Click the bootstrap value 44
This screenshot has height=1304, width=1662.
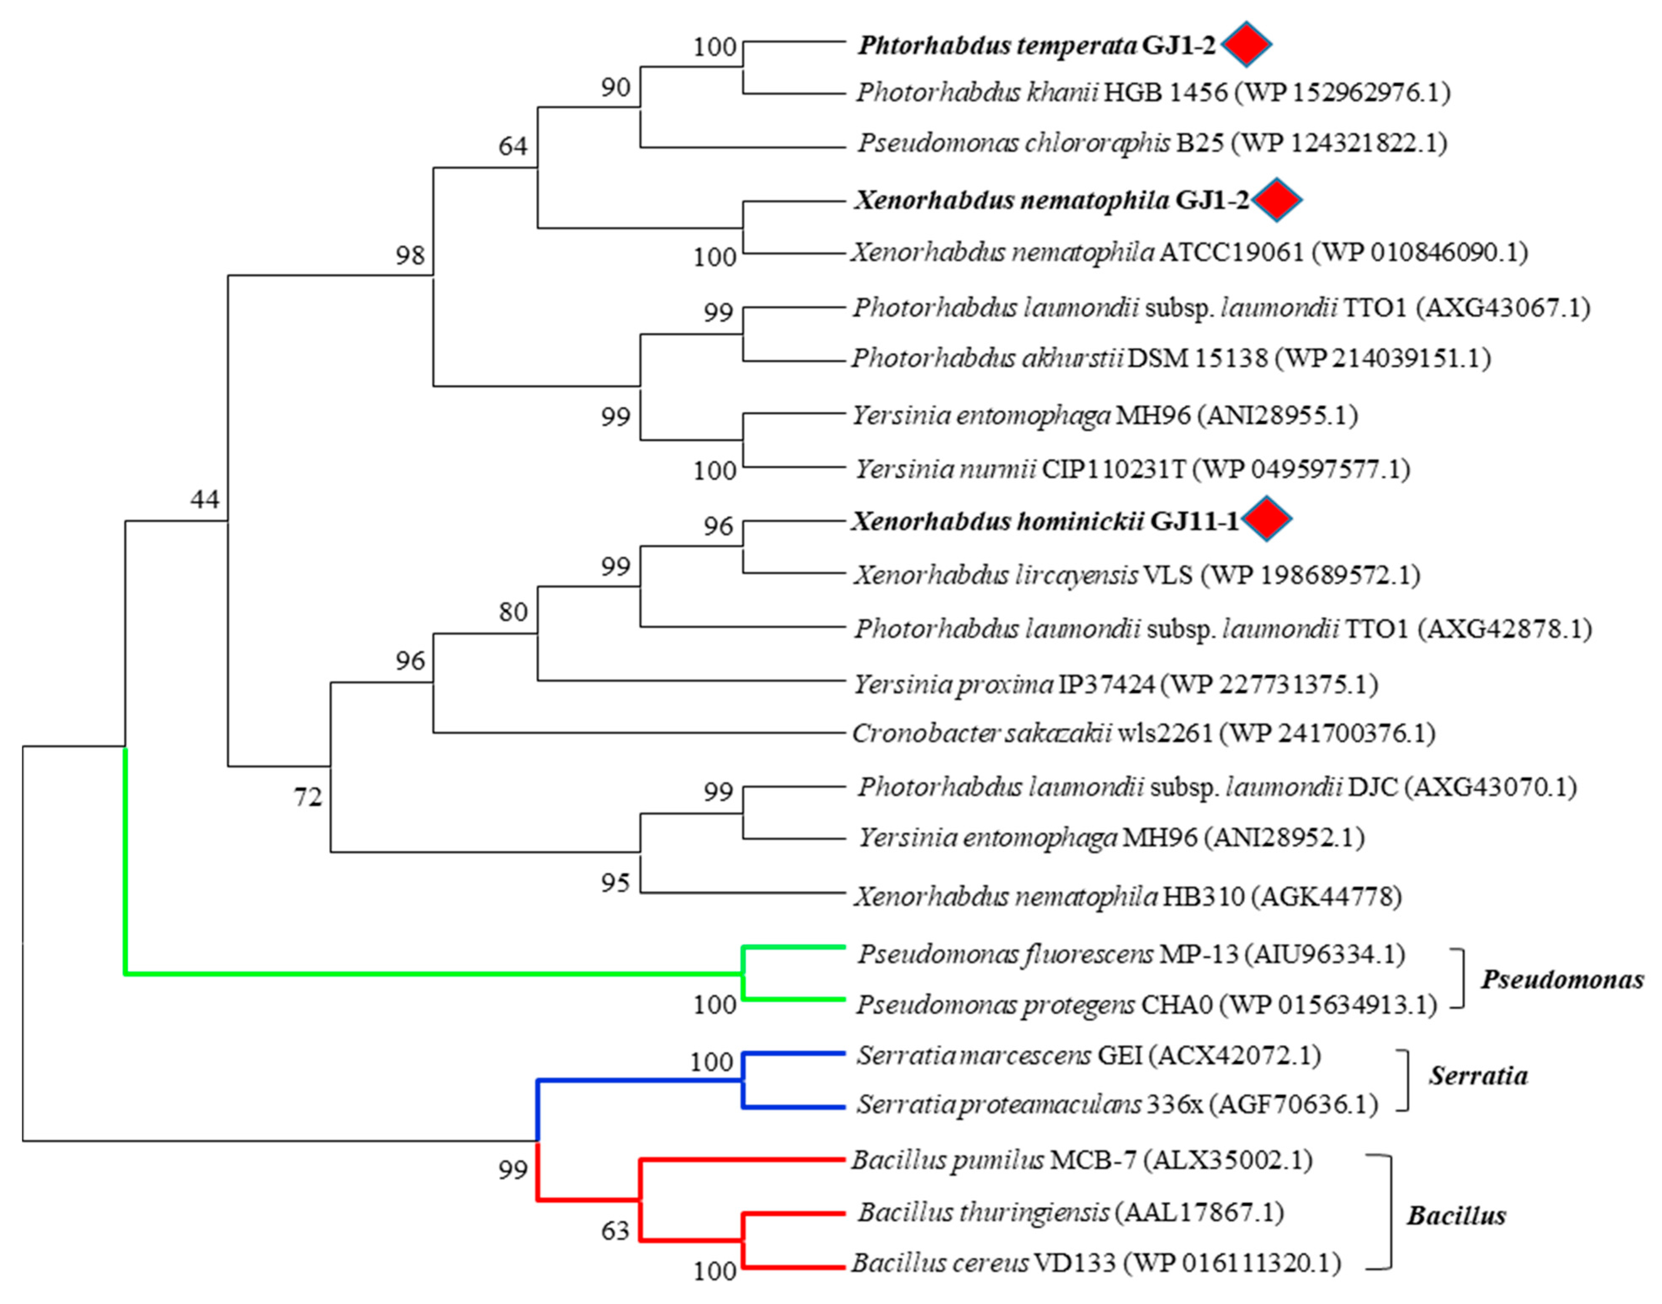[x=204, y=499]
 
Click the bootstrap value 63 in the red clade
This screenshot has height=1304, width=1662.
[x=615, y=1231]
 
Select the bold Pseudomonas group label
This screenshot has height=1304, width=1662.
[x=1562, y=980]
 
